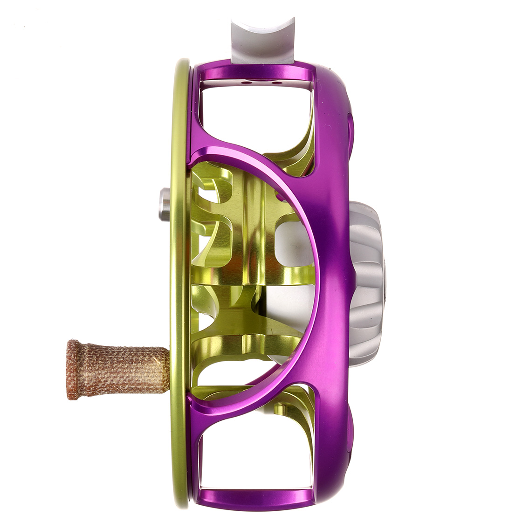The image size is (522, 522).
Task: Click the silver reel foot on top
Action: pyautogui.click(x=263, y=42)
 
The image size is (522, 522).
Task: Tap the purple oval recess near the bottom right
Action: pyautogui.click(x=350, y=429)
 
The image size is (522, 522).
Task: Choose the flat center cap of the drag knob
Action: pyautogui.click(x=385, y=284)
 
